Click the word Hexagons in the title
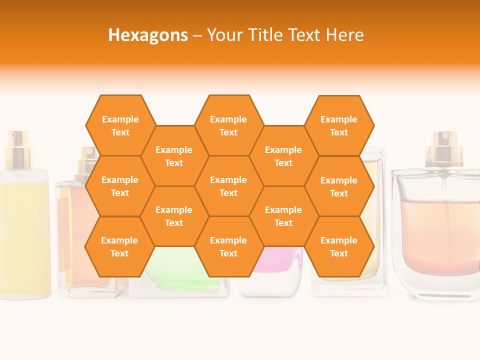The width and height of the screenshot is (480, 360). (148, 35)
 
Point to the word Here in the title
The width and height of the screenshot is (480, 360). (344, 35)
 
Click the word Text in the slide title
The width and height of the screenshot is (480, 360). (305, 35)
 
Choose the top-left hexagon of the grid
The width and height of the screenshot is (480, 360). (120, 125)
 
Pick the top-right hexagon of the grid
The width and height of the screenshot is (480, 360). (339, 125)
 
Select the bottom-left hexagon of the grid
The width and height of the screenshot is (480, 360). (119, 246)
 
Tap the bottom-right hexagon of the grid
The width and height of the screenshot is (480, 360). (339, 246)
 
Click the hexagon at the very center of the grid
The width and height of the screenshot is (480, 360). (228, 186)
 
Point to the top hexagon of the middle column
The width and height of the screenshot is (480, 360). (228, 125)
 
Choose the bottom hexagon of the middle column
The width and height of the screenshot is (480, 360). (228, 246)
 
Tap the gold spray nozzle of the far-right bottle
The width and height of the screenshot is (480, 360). (441, 148)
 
